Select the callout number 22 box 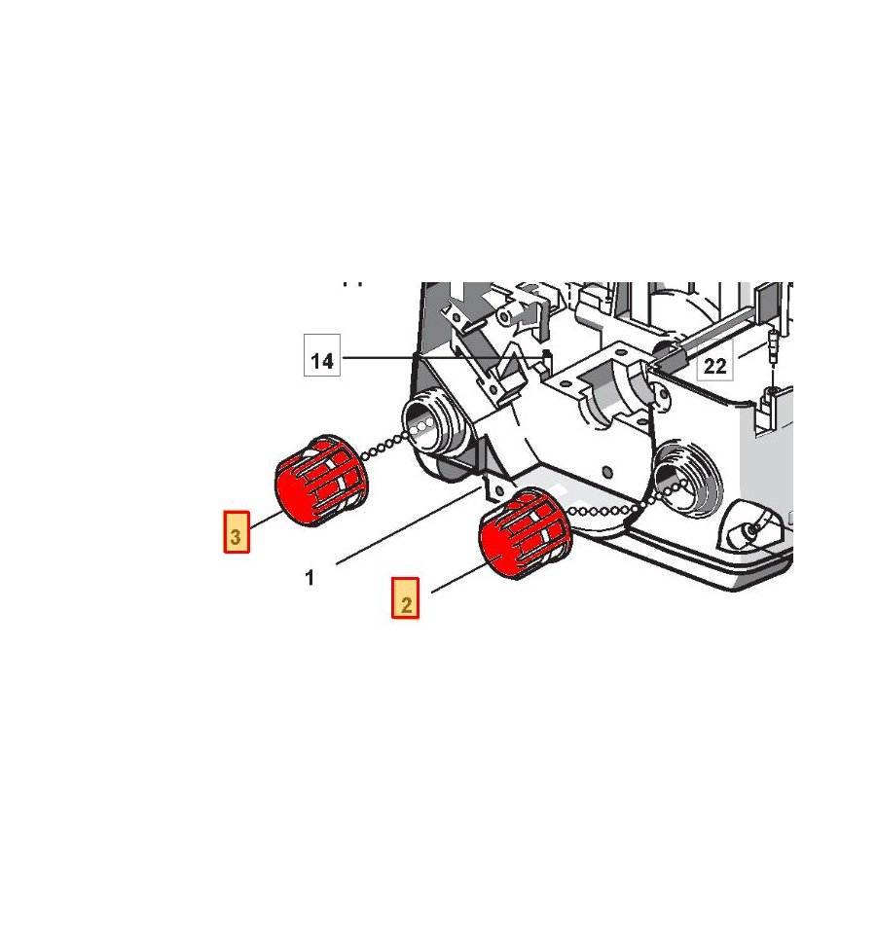coord(714,366)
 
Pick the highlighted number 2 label coord(406,598)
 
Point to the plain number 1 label coord(310,578)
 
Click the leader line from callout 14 coord(438,359)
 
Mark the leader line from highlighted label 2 coord(457,578)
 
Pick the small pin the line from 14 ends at coord(547,358)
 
